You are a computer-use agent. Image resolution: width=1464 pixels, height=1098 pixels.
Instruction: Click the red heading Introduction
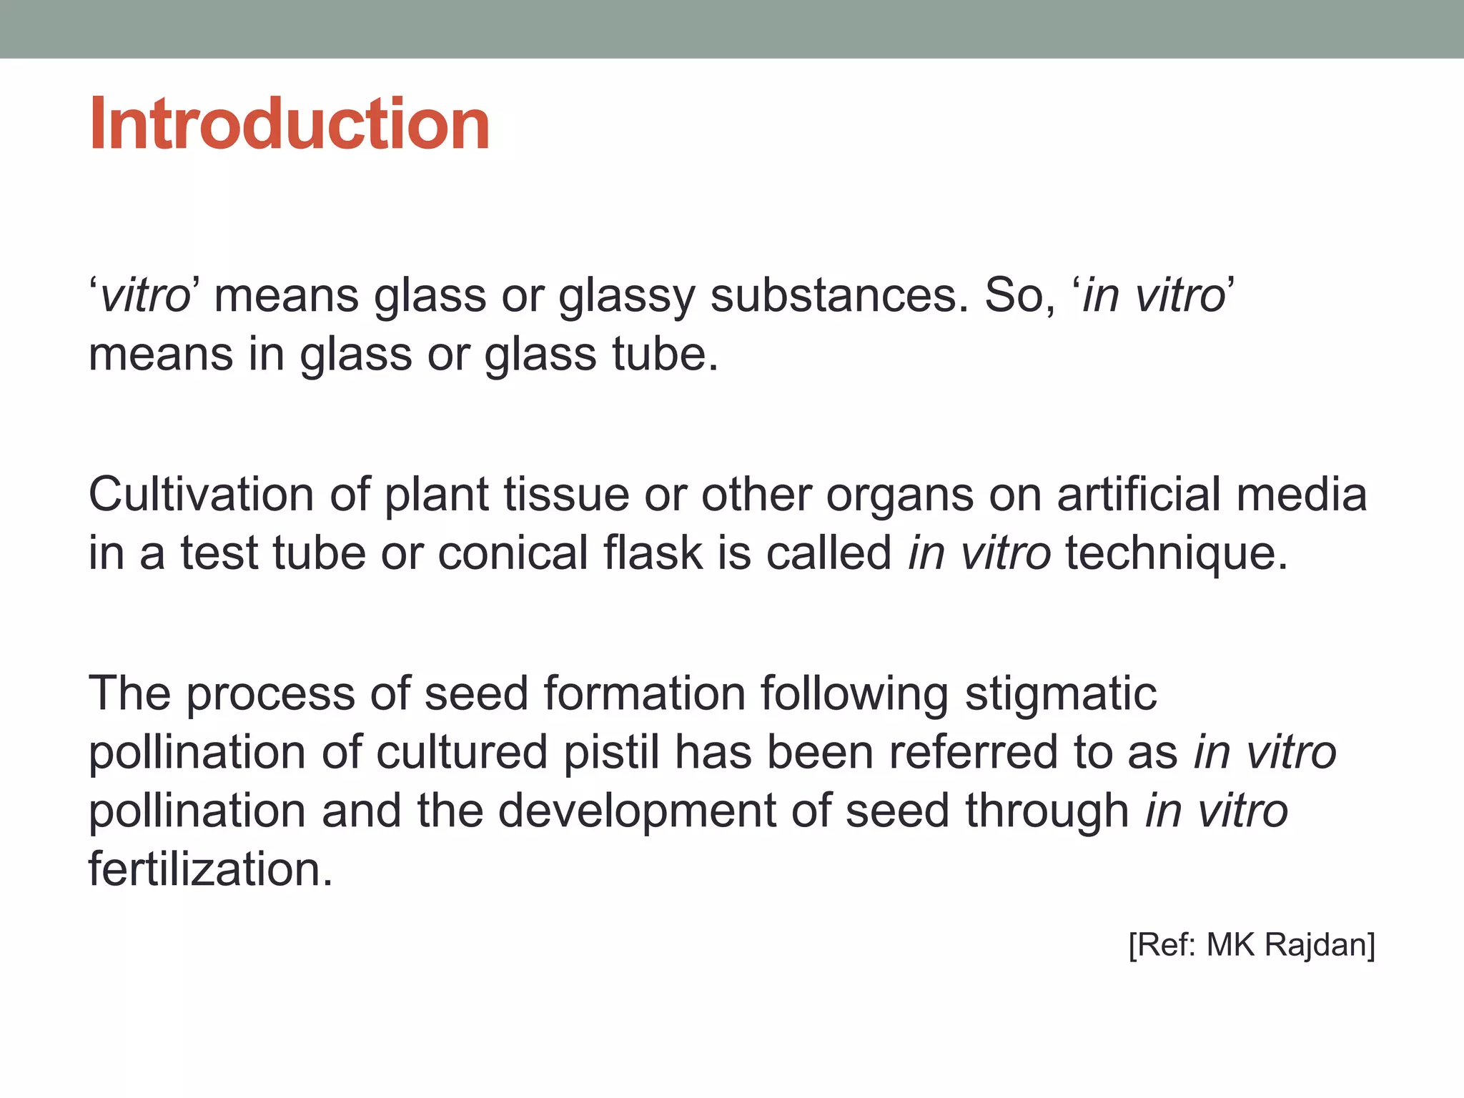tap(289, 124)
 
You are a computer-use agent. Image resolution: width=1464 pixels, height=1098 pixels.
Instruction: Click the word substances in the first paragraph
tap(839, 295)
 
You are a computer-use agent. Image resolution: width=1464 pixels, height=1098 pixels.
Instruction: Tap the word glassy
tap(626, 297)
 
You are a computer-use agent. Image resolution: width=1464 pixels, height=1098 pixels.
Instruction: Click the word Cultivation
tap(201, 494)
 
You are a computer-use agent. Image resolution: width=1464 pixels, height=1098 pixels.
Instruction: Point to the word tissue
tap(565, 494)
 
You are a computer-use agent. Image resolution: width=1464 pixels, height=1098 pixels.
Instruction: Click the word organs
tap(899, 495)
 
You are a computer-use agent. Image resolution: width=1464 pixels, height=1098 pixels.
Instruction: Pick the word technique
tap(1176, 554)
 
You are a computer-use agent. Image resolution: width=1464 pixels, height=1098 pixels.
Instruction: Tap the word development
tap(636, 811)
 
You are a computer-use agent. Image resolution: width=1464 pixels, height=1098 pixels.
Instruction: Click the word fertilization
tap(210, 869)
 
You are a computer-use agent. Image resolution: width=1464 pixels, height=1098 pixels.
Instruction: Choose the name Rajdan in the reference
tap(1319, 945)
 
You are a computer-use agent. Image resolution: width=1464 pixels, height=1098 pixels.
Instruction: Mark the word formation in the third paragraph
tap(644, 694)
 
